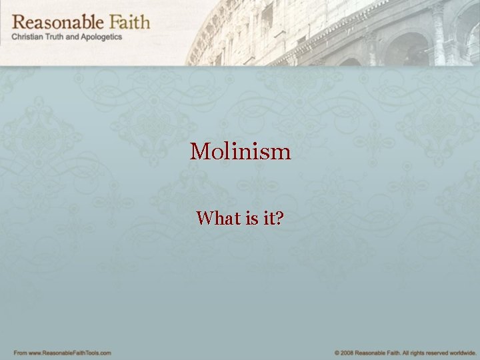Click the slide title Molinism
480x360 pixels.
(240, 151)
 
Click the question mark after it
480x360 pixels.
(279, 218)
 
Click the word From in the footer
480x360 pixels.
(20, 352)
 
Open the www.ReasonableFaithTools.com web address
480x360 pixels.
(70, 352)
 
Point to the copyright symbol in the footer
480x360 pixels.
(337, 352)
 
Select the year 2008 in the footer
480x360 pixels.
(347, 352)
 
